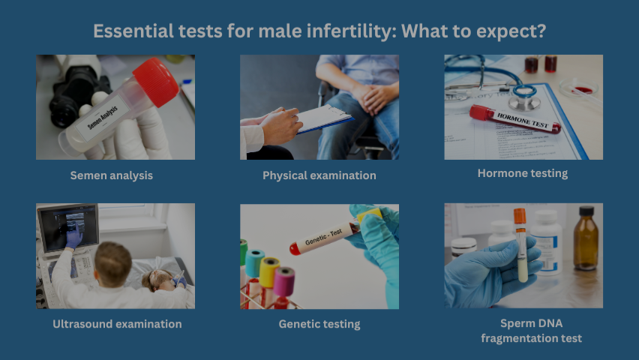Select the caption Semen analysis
coord(111,175)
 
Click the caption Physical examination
coord(319,175)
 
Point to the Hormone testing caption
coord(523,173)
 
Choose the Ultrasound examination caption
coord(117,324)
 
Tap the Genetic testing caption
coord(319,324)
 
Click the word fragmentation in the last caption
coord(515,338)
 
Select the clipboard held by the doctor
coord(324,118)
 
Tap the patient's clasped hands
coord(373,97)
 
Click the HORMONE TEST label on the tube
coord(523,121)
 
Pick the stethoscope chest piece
coord(525,97)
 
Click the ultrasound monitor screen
coord(68,228)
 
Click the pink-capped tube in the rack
coord(283,281)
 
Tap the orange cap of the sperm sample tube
coord(520,217)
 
